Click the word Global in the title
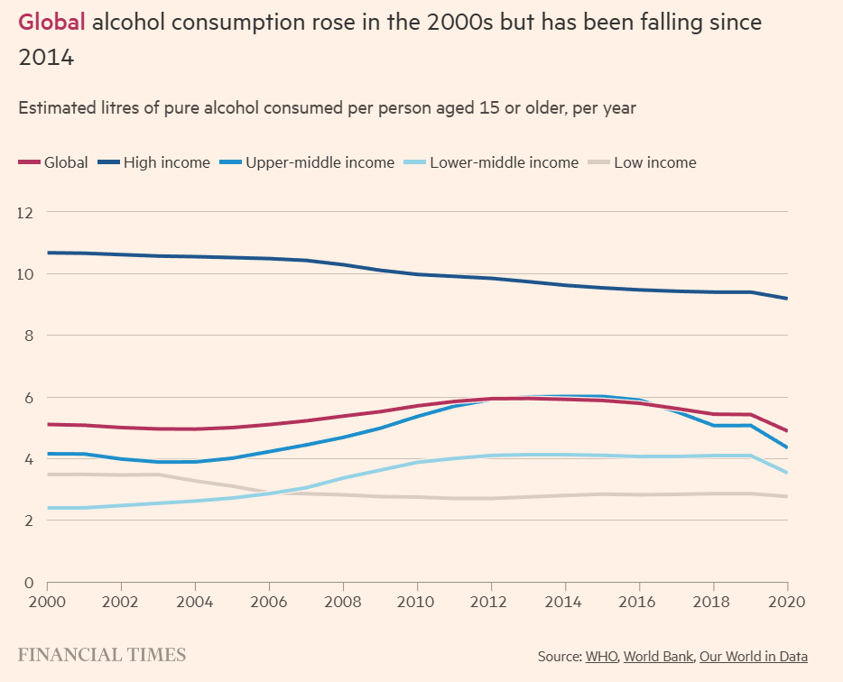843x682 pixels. tap(51, 23)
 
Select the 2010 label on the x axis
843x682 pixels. tap(417, 601)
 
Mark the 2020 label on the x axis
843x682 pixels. tap(787, 601)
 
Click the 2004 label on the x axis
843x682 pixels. tap(194, 601)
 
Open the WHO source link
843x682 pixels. tap(601, 657)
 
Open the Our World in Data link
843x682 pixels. tap(754, 657)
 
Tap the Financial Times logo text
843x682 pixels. tap(102, 655)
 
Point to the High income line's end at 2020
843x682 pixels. tap(787, 299)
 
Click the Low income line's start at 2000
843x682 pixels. tap(47, 475)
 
